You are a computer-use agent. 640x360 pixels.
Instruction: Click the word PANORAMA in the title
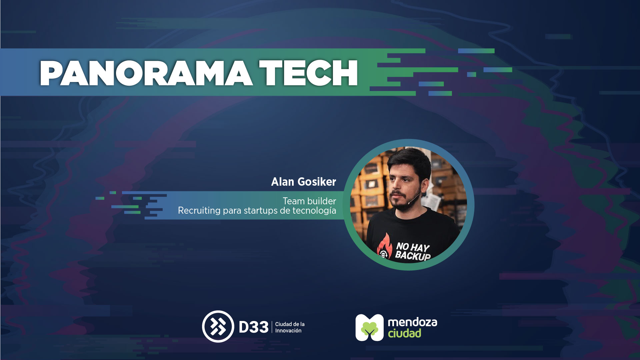coord(146,73)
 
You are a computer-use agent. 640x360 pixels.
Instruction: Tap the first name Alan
coord(283,182)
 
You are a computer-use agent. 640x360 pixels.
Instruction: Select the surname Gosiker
coord(317,182)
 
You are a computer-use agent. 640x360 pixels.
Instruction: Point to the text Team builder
coord(309,201)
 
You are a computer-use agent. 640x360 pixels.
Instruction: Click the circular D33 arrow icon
coord(218,326)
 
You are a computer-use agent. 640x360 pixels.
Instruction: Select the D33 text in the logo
coord(254,327)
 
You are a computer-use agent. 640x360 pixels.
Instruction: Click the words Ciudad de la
coord(290,324)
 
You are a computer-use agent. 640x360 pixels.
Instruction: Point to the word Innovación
coord(288,331)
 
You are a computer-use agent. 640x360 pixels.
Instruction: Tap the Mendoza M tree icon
coord(369,327)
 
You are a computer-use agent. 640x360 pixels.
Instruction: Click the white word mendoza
coord(412,322)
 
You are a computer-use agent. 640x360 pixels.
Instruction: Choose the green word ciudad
coord(404,333)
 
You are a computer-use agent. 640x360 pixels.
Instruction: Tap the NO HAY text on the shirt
coord(413,247)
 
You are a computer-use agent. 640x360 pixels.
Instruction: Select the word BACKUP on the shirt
coord(413,256)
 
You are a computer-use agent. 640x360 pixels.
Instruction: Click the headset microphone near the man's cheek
coord(414,199)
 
